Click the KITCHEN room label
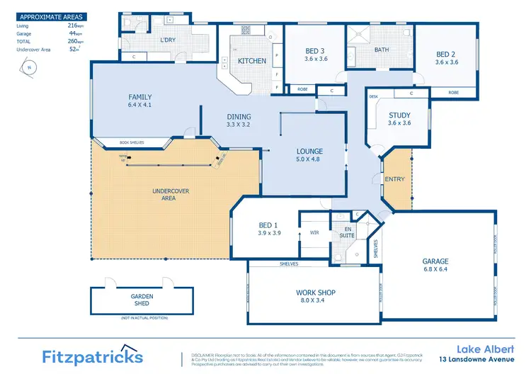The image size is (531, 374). pos(252,61)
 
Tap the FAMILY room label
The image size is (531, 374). pos(140,98)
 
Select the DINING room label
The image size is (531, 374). pos(239,118)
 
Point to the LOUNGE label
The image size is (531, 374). pos(310,151)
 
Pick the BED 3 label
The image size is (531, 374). pos(315,51)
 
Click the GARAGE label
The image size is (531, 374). pos(435,261)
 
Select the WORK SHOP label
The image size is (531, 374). pos(315,293)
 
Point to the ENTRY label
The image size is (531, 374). pos(394,179)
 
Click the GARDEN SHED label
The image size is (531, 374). pos(142,299)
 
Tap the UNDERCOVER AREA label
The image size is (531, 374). pos(164,194)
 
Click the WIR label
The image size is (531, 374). pos(314,232)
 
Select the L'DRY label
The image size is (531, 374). pos(168,40)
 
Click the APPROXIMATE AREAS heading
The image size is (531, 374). pos(50,16)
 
